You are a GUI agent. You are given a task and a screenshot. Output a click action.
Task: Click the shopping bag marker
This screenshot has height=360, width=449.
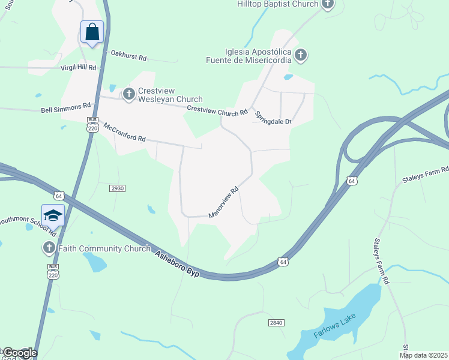[92, 32]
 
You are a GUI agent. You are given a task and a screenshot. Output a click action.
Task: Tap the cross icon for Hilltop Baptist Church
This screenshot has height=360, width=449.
[327, 4]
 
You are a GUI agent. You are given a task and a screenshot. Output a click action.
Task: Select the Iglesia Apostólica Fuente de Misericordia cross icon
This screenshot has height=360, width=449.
[301, 56]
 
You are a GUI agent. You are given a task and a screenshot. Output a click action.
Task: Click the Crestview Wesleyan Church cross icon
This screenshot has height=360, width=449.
[128, 94]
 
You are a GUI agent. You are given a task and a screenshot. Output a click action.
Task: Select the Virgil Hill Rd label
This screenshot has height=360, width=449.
[78, 68]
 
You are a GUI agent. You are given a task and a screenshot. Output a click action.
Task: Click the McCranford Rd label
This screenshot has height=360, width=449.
[125, 133]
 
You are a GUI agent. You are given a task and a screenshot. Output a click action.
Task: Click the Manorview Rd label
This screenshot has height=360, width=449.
[224, 202]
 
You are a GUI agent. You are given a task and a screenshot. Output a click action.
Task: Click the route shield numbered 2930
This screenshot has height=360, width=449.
[117, 188]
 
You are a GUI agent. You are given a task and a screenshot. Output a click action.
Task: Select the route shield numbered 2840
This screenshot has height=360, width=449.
[276, 323]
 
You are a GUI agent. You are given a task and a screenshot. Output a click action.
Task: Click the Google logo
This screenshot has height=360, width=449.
[19, 353]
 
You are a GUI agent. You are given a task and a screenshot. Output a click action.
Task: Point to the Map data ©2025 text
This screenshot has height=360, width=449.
[424, 355]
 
